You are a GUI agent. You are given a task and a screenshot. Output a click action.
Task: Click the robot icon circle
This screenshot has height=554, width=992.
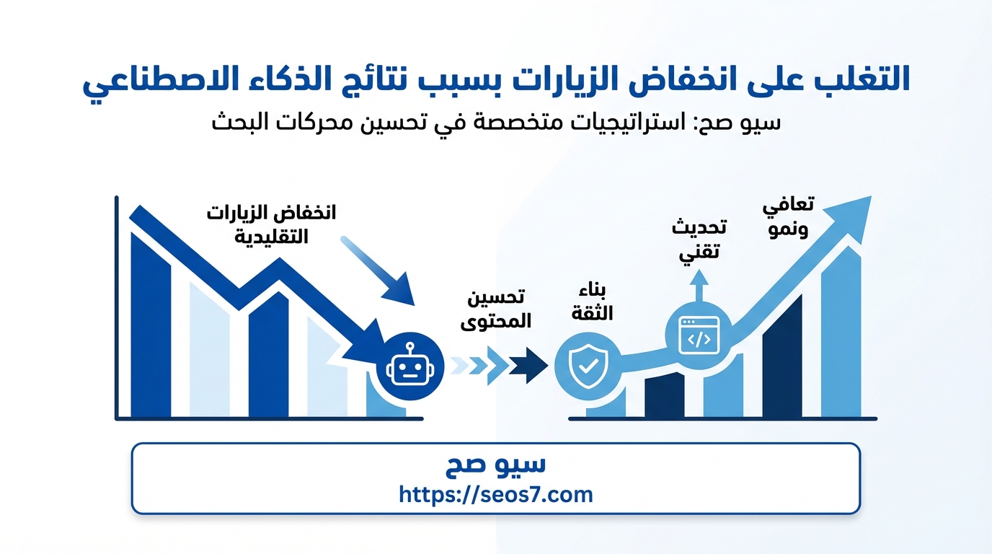tap(410, 366)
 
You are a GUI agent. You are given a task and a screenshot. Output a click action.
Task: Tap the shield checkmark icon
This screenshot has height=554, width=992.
tap(588, 366)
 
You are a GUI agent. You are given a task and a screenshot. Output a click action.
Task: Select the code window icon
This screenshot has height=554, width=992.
tap(699, 335)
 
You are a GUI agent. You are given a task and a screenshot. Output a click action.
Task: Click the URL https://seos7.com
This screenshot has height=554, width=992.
tap(495, 494)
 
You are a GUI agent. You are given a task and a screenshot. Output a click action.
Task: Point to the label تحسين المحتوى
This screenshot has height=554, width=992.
tap(496, 309)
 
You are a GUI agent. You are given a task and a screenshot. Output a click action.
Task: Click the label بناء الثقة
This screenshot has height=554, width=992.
tap(592, 302)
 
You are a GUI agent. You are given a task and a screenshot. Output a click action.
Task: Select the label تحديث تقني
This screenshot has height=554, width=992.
tap(699, 239)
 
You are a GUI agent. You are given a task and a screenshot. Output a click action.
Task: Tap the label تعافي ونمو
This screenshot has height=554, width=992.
tap(788, 217)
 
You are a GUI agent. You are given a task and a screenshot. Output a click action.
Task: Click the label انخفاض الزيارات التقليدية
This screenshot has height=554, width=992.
tap(272, 225)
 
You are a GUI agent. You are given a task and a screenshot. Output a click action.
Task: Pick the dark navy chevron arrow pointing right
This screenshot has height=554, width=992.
tap(528, 366)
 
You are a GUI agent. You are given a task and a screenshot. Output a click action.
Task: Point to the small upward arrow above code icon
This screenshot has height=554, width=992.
tap(699, 286)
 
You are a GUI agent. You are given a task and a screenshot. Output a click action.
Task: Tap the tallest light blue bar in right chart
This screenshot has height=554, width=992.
tap(841, 332)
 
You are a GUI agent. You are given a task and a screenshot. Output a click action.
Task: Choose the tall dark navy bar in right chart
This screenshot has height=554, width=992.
tap(782, 356)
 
